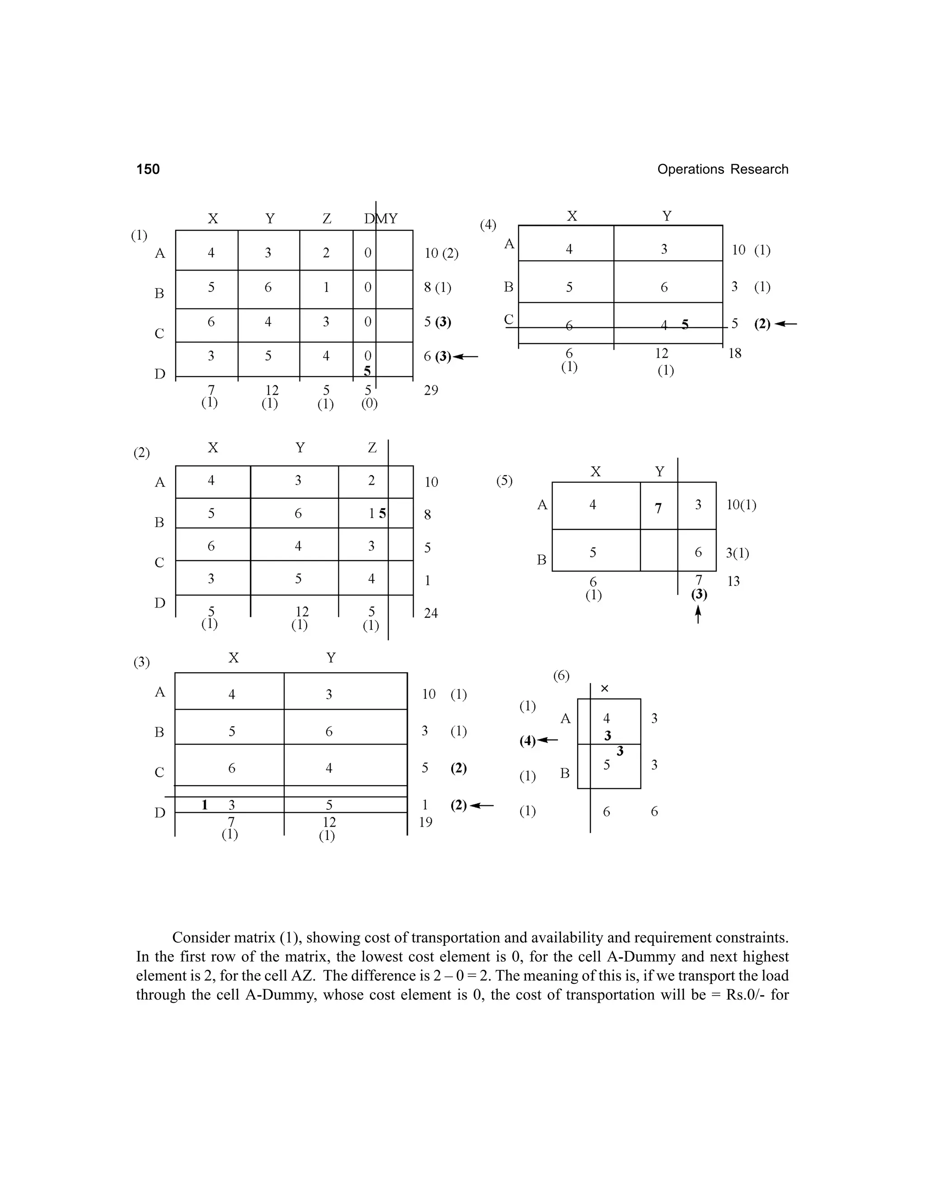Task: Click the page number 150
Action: tap(148, 169)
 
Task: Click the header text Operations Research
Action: tap(722, 169)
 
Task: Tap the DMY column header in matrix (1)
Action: tap(381, 219)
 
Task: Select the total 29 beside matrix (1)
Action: tap(431, 391)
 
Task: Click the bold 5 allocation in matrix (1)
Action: tap(367, 372)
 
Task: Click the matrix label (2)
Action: tap(141, 453)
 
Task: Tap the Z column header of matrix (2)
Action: tap(372, 448)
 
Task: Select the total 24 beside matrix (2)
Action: tap(431, 613)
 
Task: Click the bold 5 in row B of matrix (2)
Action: tap(383, 514)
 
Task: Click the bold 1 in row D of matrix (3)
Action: tap(205, 804)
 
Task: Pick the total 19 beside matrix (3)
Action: tap(426, 822)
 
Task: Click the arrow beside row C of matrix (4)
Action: tap(786, 324)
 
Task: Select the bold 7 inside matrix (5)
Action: tap(658, 509)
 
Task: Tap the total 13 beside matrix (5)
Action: tap(733, 581)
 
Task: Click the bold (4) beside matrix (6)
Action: tap(527, 741)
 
